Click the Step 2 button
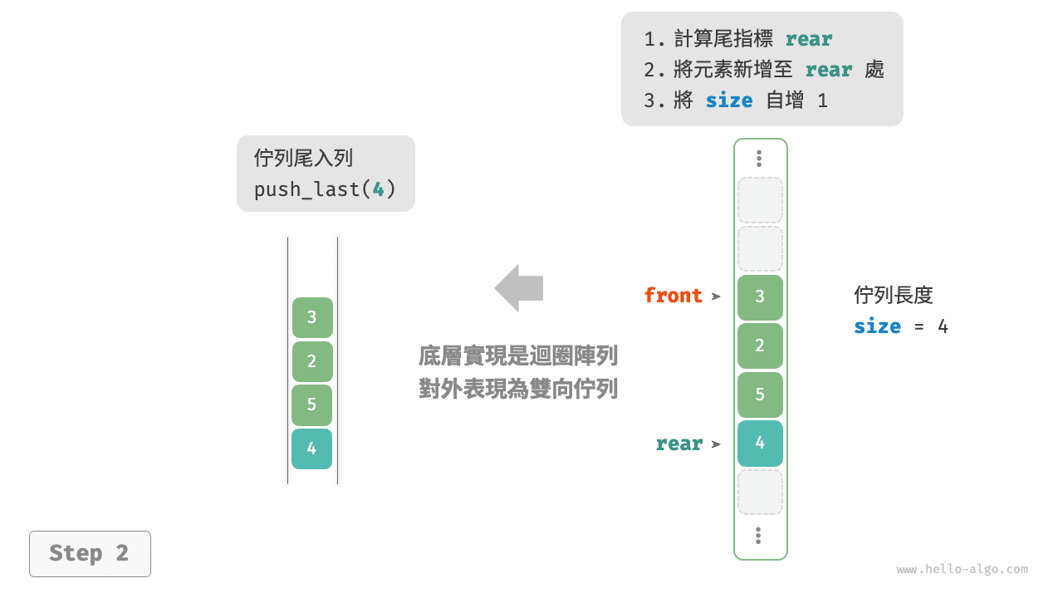90,554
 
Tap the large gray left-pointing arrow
519,288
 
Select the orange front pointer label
673,296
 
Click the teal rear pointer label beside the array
678,444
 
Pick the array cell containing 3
760,297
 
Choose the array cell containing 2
760,346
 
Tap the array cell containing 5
760,395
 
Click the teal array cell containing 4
760,443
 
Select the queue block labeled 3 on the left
312,317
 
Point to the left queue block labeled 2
312,361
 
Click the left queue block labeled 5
312,405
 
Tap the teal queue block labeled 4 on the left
312,449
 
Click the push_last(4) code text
325,189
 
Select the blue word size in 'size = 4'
877,326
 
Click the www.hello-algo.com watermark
962,570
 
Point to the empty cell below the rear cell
760,492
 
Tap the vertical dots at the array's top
759,159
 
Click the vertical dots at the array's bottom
759,536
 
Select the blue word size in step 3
728,101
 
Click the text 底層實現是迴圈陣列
518,357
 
